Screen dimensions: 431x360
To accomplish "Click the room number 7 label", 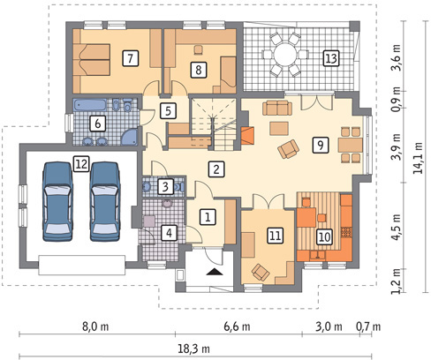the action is pos(130,58).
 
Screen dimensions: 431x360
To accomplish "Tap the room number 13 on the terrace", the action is pos(331,58).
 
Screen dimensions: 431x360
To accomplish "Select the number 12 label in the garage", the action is pos(81,163).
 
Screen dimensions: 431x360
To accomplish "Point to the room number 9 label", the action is pos(321,145).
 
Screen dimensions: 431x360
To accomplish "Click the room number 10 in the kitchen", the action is pos(324,236).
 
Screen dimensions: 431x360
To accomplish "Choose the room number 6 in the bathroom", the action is pos(98,124).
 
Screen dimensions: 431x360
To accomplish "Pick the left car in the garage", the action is pos(57,201).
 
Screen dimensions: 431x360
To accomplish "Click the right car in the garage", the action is pos(105,201).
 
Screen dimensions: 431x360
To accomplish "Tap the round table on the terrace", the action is pos(284,55).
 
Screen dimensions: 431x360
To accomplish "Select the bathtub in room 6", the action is pos(89,105).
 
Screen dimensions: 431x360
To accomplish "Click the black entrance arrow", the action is pos(215,272).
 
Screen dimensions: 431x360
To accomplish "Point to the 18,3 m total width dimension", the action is pos(193,349).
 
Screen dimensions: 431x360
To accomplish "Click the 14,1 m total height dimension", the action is pos(418,158).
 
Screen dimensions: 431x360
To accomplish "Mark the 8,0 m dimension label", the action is pos(95,326).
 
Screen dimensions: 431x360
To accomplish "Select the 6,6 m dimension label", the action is pos(237,326).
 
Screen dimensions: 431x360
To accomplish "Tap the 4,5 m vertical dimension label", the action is pos(397,227).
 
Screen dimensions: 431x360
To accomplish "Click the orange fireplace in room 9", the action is pos(247,136).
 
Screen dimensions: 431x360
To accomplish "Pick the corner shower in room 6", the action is pos(130,137).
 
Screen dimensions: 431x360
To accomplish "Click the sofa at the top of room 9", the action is pos(277,108).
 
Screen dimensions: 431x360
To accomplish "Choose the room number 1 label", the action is pos(208,217).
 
